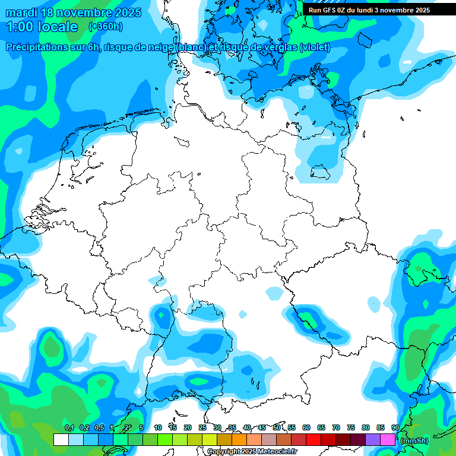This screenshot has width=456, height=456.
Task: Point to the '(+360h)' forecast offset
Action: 106,27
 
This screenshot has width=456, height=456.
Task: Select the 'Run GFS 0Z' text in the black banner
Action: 328,10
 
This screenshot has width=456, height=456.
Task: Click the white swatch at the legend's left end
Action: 61,440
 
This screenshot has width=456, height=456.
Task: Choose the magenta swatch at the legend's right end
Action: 388,440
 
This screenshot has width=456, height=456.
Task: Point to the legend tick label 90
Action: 395,428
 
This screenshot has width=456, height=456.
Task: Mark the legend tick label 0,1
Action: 69,428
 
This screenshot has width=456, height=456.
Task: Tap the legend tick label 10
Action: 157,428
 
